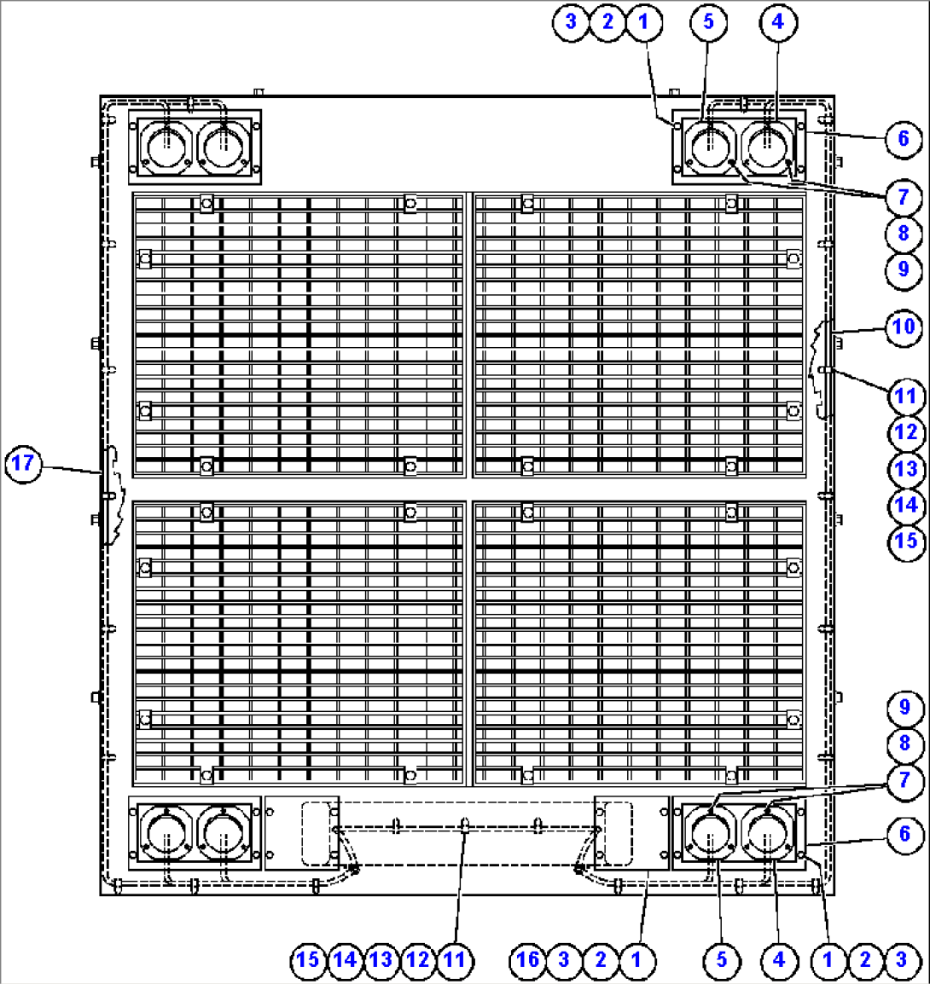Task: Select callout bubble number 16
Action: click(x=527, y=960)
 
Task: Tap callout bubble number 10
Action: click(x=904, y=327)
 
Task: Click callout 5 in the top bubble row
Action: click(x=709, y=22)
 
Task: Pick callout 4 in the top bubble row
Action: click(x=779, y=22)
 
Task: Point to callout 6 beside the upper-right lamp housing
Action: click(x=904, y=139)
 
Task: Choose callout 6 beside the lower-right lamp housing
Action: click(x=905, y=835)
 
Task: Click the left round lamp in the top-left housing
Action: click(x=166, y=147)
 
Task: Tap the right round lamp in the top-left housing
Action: click(x=224, y=147)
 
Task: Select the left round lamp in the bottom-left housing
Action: click(x=166, y=833)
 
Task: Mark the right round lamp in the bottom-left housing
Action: click(x=224, y=833)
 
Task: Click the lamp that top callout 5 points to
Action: click(x=710, y=147)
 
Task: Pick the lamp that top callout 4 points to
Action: click(x=767, y=147)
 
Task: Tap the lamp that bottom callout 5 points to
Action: click(x=710, y=833)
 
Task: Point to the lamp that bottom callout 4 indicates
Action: click(x=767, y=833)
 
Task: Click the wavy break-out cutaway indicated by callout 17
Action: click(x=113, y=495)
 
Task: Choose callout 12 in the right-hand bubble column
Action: click(x=906, y=433)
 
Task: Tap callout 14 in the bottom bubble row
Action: click(x=345, y=960)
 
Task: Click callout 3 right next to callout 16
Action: click(x=564, y=960)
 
